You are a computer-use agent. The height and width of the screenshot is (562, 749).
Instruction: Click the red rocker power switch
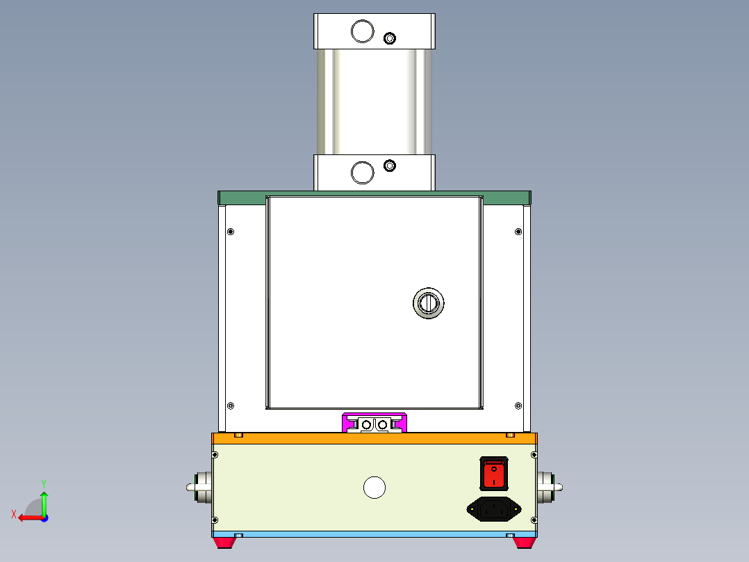(x=493, y=474)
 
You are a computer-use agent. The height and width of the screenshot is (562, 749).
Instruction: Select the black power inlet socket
(x=493, y=510)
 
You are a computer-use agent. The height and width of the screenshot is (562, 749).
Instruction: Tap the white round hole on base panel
(x=374, y=488)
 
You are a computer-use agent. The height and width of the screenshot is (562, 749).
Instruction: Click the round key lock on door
(x=428, y=303)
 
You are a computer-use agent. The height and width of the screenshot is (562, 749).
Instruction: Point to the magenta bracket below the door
(x=374, y=422)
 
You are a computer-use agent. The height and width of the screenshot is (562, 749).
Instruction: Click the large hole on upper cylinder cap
(x=362, y=31)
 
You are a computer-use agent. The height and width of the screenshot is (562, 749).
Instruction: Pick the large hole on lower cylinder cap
(x=362, y=172)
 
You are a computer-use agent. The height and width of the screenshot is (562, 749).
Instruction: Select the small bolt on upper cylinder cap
(x=390, y=38)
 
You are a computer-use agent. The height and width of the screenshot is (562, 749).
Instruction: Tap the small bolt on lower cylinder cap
(x=390, y=166)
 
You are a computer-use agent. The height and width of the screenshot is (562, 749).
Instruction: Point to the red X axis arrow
(x=28, y=517)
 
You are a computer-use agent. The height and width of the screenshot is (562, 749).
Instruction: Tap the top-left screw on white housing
(x=231, y=232)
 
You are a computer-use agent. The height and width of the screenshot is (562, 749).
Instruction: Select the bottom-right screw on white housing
(x=518, y=406)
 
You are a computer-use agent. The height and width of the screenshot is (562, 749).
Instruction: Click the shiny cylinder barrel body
(x=374, y=102)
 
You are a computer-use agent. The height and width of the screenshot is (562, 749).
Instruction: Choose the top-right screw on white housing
(x=518, y=232)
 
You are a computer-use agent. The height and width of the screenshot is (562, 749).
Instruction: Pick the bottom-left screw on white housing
(x=231, y=406)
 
